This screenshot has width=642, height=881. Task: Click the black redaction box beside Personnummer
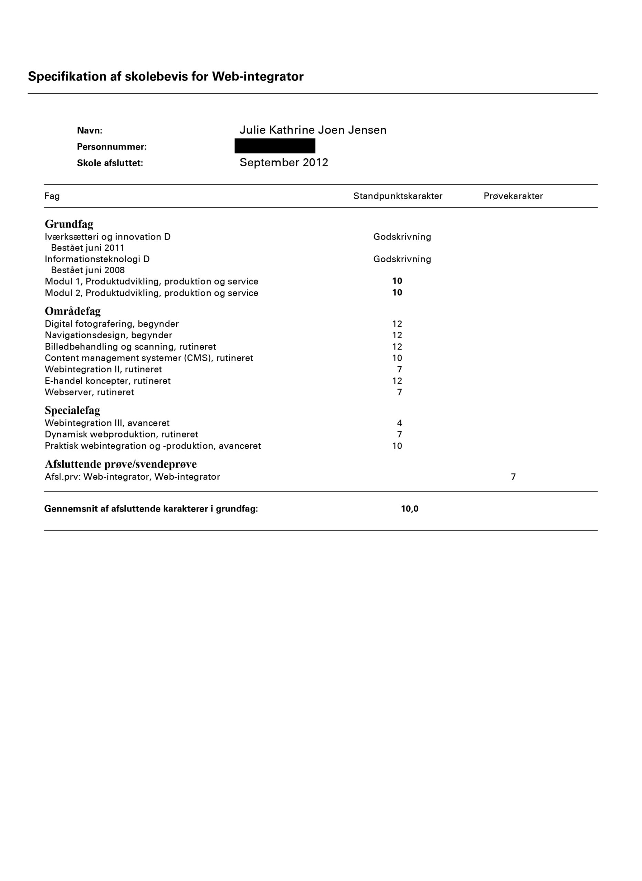point(275,146)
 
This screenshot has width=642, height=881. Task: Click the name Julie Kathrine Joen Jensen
point(313,130)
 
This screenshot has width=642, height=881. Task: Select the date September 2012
point(284,162)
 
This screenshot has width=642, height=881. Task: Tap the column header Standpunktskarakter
point(398,196)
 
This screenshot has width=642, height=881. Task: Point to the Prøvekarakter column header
point(513,196)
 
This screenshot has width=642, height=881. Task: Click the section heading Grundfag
point(69,224)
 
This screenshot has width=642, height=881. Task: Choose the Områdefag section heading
point(73,311)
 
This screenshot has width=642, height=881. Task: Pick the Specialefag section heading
point(72,410)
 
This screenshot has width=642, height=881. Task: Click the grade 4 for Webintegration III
point(400,423)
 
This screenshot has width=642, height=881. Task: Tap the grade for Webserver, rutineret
point(400,392)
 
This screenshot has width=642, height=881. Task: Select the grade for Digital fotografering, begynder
point(397,323)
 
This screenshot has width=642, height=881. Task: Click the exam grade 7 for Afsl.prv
point(513,477)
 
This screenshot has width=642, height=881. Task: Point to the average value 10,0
point(410,509)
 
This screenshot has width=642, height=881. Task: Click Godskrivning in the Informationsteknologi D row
point(402,259)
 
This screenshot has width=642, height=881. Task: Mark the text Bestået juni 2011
point(87,248)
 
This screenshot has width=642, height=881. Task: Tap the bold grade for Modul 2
point(397,293)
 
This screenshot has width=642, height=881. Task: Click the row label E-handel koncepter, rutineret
point(108,381)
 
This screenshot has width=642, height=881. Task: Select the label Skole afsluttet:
point(110,163)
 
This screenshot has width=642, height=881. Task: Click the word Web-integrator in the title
point(257,76)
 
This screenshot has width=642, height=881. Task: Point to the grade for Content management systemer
point(397,358)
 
